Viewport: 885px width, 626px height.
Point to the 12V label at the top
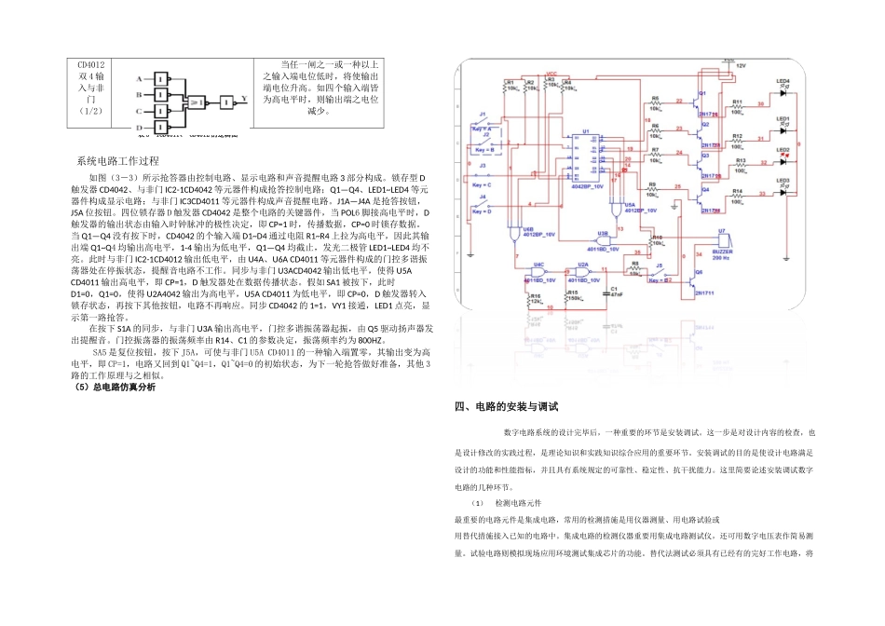[742, 66]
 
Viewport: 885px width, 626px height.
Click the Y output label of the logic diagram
[244, 96]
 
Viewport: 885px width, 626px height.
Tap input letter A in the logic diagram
[139, 78]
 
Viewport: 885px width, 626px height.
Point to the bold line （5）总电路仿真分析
[115, 388]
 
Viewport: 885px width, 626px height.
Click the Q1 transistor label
[703, 94]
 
